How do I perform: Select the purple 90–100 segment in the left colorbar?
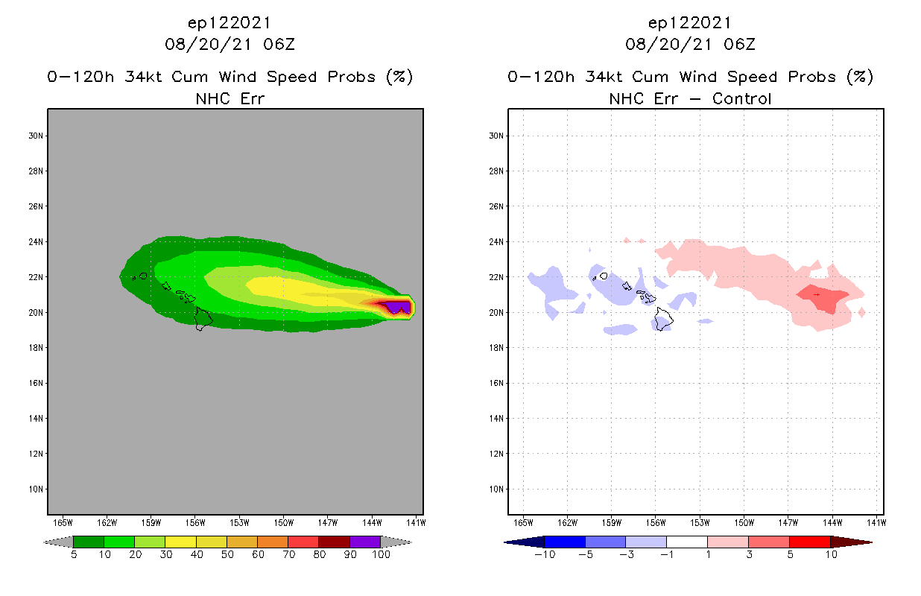(x=365, y=542)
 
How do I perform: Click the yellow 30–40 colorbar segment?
(x=180, y=542)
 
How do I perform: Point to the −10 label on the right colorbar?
(x=545, y=554)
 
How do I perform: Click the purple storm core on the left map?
(x=396, y=306)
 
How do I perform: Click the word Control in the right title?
(x=741, y=98)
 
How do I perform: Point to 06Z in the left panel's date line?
(x=280, y=45)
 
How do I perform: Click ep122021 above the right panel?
(x=690, y=23)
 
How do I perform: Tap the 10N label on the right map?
(x=496, y=489)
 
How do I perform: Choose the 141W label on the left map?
(x=416, y=521)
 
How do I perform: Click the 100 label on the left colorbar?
(x=381, y=554)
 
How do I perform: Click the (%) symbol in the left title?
(x=399, y=77)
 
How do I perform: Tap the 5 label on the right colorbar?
(x=789, y=554)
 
